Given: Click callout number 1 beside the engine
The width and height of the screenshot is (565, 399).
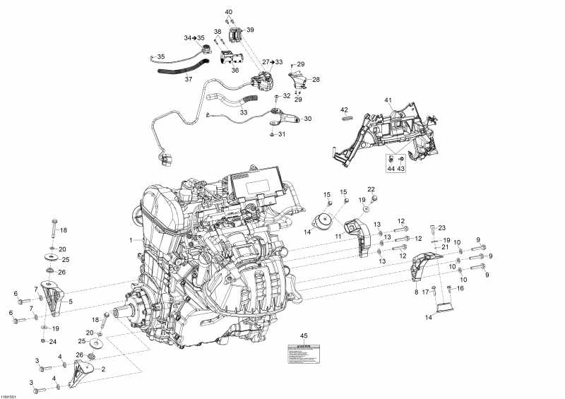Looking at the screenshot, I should pyautogui.click(x=131, y=241).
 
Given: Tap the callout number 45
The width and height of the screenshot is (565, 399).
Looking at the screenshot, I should pyautogui.click(x=304, y=335).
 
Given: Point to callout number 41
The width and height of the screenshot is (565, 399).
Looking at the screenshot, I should pyautogui.click(x=387, y=101).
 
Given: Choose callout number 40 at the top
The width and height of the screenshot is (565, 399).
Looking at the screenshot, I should pyautogui.click(x=228, y=13).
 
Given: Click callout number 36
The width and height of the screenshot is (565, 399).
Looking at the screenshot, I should pyautogui.click(x=235, y=70).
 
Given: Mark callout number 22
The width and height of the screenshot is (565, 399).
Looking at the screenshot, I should pyautogui.click(x=371, y=189).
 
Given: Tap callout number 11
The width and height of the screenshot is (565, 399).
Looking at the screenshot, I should pyautogui.click(x=338, y=236).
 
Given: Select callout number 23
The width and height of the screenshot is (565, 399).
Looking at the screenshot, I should pyautogui.click(x=442, y=227).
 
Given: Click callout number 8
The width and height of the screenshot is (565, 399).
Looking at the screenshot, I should pyautogui.click(x=416, y=292).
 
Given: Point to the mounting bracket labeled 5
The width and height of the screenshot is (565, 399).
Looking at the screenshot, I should pyautogui.click(x=54, y=297).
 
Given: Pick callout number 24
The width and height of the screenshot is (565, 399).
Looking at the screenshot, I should pyautogui.click(x=53, y=342).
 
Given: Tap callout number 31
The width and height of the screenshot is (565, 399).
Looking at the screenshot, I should pyautogui.click(x=281, y=134).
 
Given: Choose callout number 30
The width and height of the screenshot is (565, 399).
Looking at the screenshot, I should pyautogui.click(x=307, y=119).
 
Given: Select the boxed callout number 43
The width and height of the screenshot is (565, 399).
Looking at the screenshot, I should pyautogui.click(x=400, y=168).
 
